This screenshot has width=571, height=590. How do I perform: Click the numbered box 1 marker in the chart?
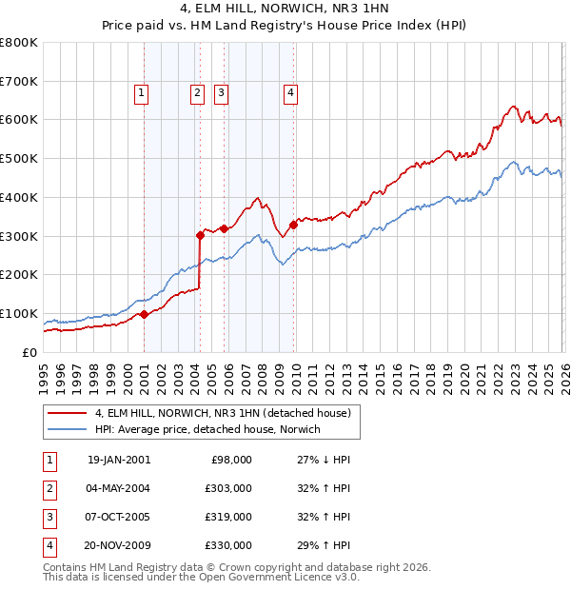click(141, 92)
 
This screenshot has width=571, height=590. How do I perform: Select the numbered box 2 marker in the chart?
click(196, 92)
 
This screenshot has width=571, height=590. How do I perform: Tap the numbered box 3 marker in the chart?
click(220, 92)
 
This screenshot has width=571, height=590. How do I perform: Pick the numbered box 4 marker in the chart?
click(289, 92)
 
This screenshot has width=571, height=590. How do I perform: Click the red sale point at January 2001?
click(144, 314)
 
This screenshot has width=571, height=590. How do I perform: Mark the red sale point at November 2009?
click(293, 225)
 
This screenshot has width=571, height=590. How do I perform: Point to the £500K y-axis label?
click(18, 159)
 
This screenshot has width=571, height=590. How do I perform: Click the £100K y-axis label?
click(18, 313)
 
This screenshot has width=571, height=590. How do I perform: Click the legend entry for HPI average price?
click(207, 429)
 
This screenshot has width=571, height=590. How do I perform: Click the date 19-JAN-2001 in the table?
click(118, 460)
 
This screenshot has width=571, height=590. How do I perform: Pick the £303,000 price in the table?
click(228, 488)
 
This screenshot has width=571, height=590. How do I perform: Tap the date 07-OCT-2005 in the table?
click(118, 517)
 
